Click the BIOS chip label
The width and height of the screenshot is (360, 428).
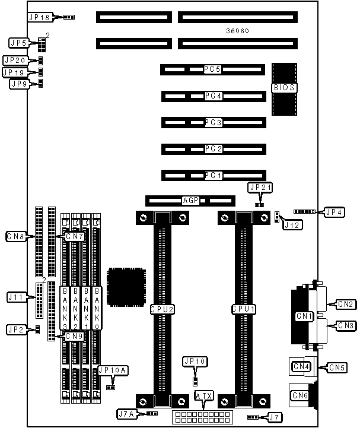[x=284, y=88]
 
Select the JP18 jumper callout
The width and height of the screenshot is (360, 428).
[x=40, y=18]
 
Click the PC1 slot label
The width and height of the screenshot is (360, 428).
[x=212, y=175]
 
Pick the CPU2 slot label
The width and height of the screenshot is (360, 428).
[x=161, y=309]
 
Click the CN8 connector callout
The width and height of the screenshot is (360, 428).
[x=15, y=237]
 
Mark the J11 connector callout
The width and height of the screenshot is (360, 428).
[x=16, y=296]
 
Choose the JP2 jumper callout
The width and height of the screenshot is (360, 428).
[x=15, y=329]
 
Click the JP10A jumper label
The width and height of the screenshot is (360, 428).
[x=111, y=370]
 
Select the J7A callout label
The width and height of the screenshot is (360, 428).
[x=126, y=413]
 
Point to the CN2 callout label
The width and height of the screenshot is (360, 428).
[x=346, y=304]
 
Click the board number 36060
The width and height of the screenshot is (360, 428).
[x=238, y=30]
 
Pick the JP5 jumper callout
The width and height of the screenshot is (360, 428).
[x=18, y=42]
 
